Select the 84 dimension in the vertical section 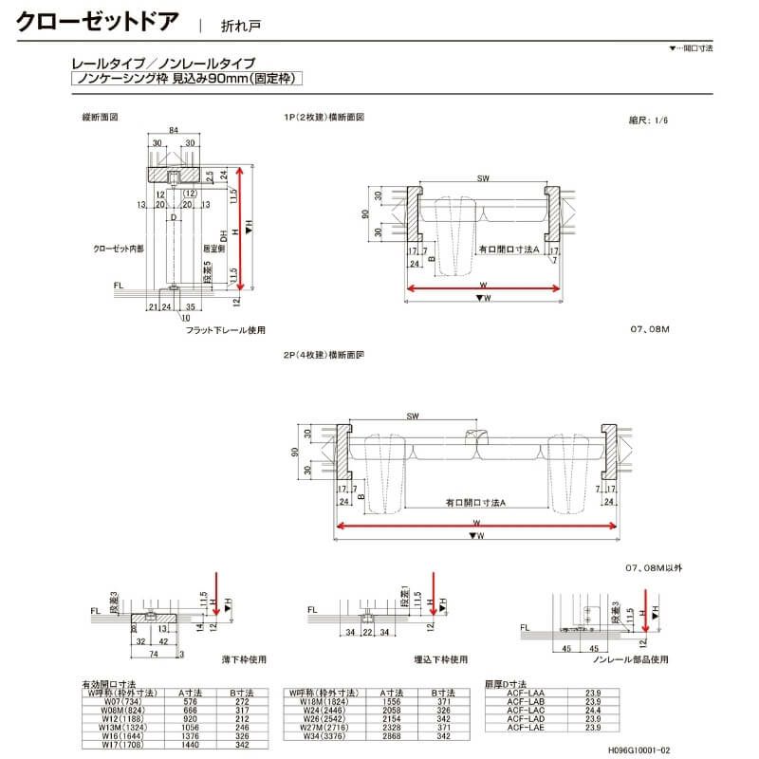click(174, 129)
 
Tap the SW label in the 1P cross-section click(483, 177)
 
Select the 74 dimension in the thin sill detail click(127, 655)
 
